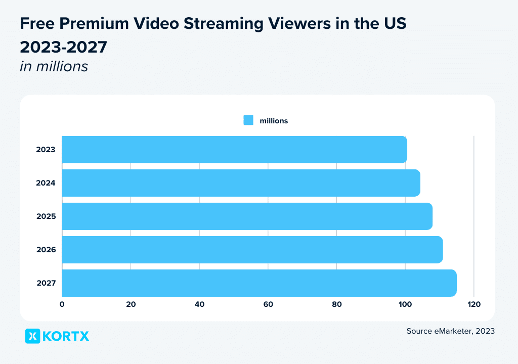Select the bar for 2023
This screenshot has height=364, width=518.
tap(234, 150)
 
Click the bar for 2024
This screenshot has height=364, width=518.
tap(241, 183)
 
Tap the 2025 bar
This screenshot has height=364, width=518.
tap(247, 216)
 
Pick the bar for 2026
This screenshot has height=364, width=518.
tap(252, 250)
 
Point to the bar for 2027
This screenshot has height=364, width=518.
tap(259, 283)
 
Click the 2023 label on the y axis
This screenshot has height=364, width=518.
tap(46, 150)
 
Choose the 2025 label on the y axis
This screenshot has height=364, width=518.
tap(46, 216)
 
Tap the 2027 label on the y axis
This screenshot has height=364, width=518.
tap(46, 283)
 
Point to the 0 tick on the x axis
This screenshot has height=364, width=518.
tap(62, 304)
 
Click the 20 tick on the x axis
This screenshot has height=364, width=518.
tap(131, 304)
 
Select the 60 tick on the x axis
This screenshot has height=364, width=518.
tap(268, 304)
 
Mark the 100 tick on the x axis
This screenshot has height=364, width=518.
tap(405, 304)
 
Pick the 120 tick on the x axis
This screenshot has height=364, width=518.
tap(474, 304)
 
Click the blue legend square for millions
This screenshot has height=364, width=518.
tap(248, 120)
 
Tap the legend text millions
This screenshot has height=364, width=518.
tap(274, 121)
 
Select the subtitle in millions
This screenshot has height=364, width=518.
tap(54, 66)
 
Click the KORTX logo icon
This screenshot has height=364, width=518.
tap(32, 336)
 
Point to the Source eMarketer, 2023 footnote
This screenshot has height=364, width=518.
tap(450, 331)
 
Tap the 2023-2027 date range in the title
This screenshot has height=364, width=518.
tap(63, 47)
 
